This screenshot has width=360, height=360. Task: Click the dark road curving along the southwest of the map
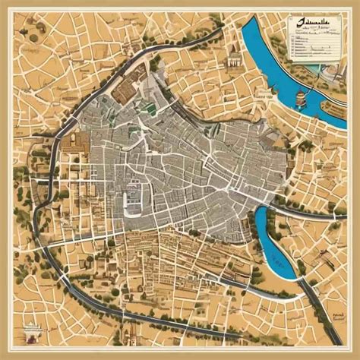click(x=76, y=289)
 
